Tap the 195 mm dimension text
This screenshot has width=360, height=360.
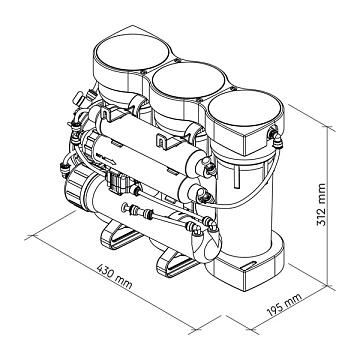click(x=284, y=305)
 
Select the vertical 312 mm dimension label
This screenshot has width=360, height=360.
click(x=321, y=204)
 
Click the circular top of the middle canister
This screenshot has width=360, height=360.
click(x=188, y=80)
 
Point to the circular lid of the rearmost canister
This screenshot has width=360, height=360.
click(x=131, y=52)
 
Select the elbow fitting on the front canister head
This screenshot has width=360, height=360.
click(x=276, y=139)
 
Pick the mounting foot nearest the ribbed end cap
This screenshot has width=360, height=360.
click(x=121, y=236)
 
